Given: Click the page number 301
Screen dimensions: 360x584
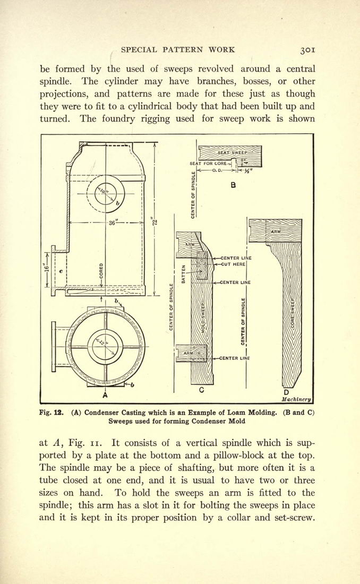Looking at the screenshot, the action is pos(308,49).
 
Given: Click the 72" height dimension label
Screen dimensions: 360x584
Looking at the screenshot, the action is pos(156,221).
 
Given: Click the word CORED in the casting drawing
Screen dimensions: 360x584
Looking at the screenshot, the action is pos(101,270).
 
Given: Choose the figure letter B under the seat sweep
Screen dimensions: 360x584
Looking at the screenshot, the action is pos(233,184).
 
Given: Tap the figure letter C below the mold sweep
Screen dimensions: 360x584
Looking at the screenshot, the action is pos(201,390).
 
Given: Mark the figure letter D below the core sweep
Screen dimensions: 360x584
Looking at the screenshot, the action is pos(286,392).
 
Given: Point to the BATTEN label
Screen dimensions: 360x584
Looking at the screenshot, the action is pos(183,274).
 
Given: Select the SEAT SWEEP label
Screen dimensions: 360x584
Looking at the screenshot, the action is pos(231,153).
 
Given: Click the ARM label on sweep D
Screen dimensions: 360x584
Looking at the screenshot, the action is pos(276,232).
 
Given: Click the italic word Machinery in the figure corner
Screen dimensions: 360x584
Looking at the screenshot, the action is pos(296,399).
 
